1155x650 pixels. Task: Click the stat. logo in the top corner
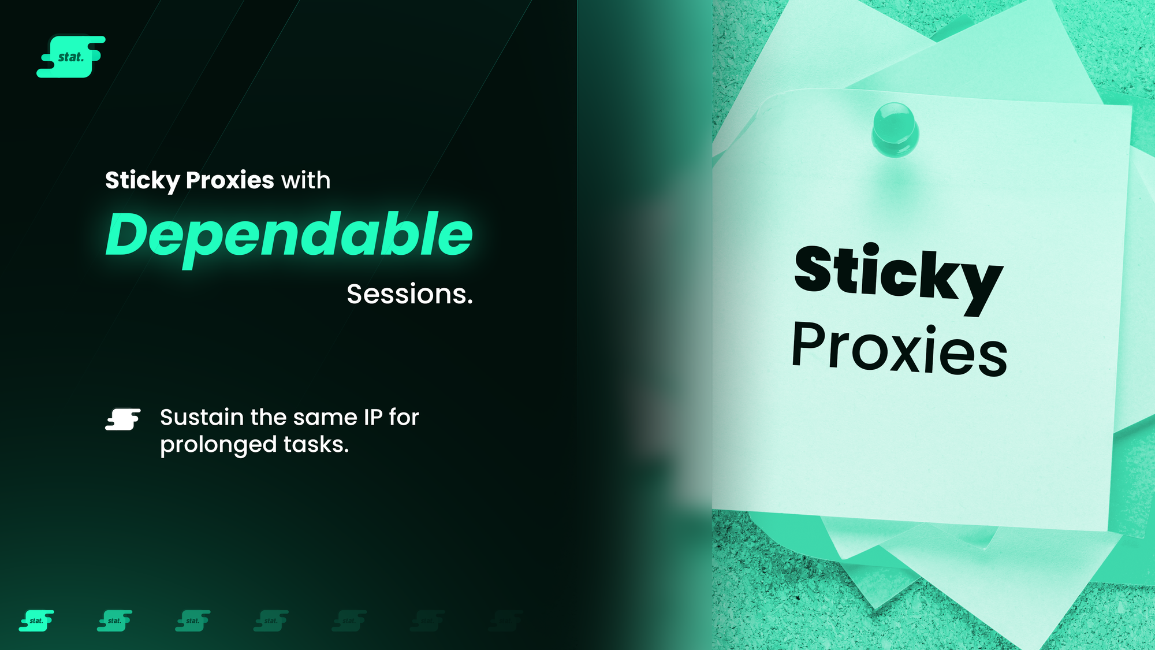point(71,57)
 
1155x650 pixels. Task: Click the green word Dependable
point(289,236)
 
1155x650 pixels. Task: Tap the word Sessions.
point(410,294)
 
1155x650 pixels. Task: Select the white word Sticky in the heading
point(143,181)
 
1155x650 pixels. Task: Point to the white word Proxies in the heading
point(230,180)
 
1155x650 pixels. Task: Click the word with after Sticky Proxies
point(306,180)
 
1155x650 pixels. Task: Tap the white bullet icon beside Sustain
point(123,419)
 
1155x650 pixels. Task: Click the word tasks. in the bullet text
point(316,444)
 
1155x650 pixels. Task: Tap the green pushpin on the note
point(895,129)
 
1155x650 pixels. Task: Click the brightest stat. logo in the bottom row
point(36,621)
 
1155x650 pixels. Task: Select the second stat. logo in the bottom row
point(114,621)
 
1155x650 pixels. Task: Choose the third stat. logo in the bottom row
point(193,621)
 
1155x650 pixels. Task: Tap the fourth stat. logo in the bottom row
point(271,621)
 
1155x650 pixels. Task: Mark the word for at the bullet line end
point(404,417)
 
